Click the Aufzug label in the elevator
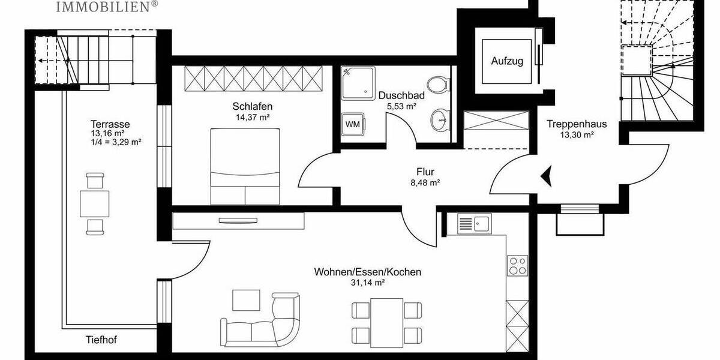coord(508,61)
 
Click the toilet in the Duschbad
coord(439,84)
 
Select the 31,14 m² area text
coord(368,283)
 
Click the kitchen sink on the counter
coord(474,224)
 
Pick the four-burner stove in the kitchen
coord(517,265)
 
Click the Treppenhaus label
coord(577,124)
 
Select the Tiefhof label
coord(100,340)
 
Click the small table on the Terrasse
coord(95,203)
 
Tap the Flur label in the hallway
coord(425,172)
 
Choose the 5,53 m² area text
coord(401,106)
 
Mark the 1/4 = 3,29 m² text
coord(116,142)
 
